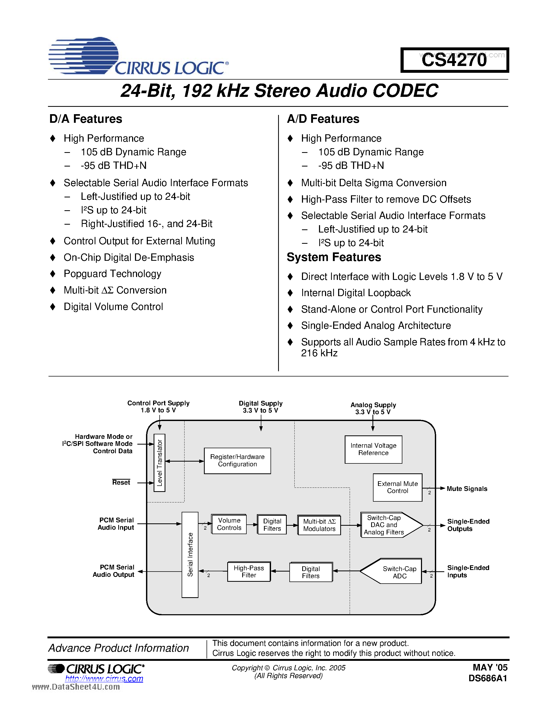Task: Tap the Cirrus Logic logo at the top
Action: pyautogui.click(x=139, y=56)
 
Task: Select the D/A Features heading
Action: pyautogui.click(x=86, y=119)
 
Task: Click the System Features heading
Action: pyautogui.click(x=334, y=257)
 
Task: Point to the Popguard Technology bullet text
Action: pyautogui.click(x=112, y=274)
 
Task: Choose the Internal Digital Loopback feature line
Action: pyautogui.click(x=356, y=293)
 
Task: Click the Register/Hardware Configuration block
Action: pyautogui.click(x=237, y=461)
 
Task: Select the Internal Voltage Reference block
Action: pyautogui.click(x=373, y=449)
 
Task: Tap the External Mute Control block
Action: pyautogui.click(x=397, y=487)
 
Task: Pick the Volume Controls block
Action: pyautogui.click(x=229, y=524)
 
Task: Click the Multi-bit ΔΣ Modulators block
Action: pyautogui.click(x=319, y=525)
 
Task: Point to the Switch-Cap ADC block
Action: pyautogui.click(x=396, y=572)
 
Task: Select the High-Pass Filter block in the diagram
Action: pyautogui.click(x=249, y=571)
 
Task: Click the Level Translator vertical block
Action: pyautogui.click(x=159, y=463)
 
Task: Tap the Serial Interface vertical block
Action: pyautogui.click(x=190, y=555)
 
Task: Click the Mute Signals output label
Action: pyautogui.click(x=467, y=489)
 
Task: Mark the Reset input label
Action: pyautogui.click(x=121, y=482)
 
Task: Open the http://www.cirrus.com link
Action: pyautogui.click(x=104, y=678)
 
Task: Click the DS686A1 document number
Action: pyautogui.click(x=487, y=678)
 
